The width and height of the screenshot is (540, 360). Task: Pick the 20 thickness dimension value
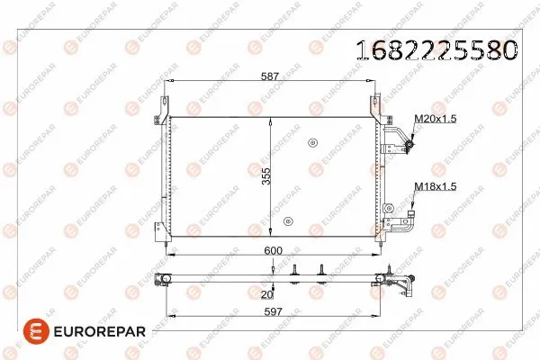265,293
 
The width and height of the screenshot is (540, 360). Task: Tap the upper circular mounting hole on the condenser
312,141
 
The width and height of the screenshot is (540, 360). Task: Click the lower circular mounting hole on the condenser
287,221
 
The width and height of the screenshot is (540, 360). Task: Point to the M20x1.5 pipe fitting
408,142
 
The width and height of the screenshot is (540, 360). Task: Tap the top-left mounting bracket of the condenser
167,104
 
